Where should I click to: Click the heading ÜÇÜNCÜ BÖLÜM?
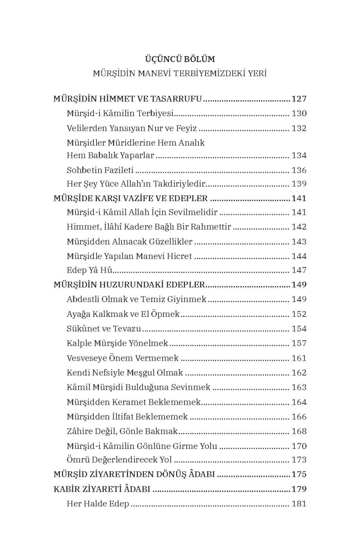click(x=180, y=59)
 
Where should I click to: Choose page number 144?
click(x=299, y=256)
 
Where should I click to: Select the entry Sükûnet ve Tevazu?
click(x=104, y=329)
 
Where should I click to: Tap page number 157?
click(x=299, y=343)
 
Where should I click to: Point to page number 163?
click(x=299, y=387)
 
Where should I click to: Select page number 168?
click(x=299, y=432)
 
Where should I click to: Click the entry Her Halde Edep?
click(x=98, y=504)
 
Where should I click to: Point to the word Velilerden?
click(x=87, y=128)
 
